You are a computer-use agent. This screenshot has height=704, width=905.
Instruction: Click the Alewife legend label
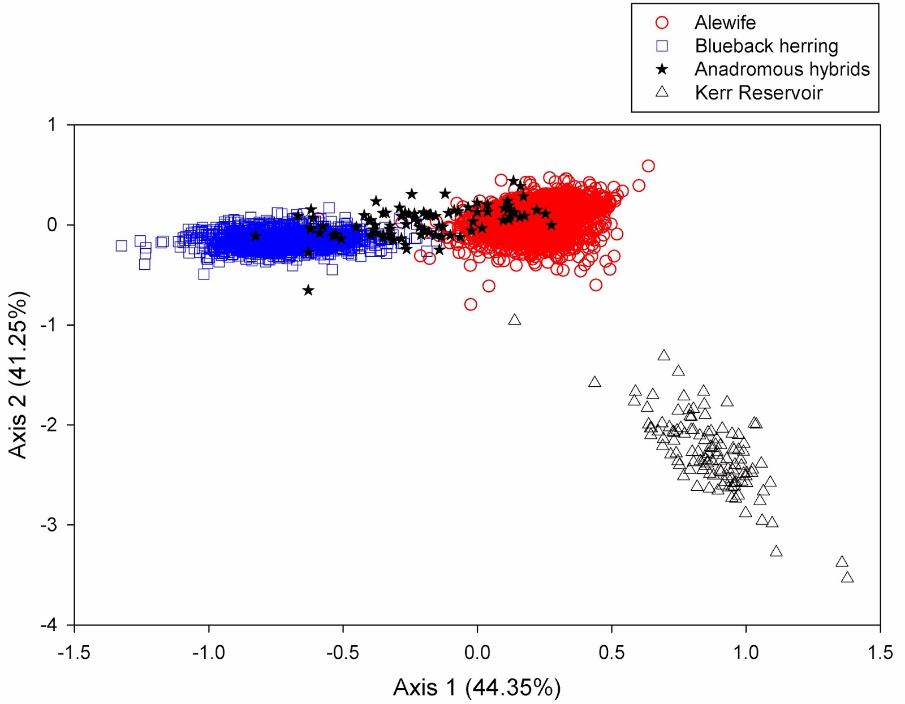pyautogui.click(x=725, y=23)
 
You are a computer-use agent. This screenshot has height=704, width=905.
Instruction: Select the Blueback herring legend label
pyautogui.click(x=766, y=46)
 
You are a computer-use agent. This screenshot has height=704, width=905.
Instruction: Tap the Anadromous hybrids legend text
pyautogui.click(x=782, y=69)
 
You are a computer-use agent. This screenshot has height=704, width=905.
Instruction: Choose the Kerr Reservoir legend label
pyautogui.click(x=758, y=93)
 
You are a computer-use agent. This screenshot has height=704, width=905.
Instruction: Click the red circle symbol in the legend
pyautogui.click(x=662, y=23)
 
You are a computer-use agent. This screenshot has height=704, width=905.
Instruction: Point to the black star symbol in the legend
pyautogui.click(x=662, y=69)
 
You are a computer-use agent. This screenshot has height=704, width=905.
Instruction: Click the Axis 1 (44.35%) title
pyautogui.click(x=477, y=688)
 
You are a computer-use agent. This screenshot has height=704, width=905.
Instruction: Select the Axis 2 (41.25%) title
pyautogui.click(x=18, y=374)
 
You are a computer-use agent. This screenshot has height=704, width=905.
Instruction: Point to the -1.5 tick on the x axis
pyautogui.click(x=74, y=653)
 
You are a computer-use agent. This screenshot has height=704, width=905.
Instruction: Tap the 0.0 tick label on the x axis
pyautogui.click(x=477, y=653)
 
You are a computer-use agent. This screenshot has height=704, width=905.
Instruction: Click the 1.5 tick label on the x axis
pyautogui.click(x=880, y=653)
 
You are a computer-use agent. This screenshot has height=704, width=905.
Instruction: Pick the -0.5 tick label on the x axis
pyautogui.click(x=343, y=653)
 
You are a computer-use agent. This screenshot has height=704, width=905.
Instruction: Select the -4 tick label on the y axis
pyautogui.click(x=49, y=625)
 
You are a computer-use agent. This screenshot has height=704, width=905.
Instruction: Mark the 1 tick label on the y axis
pyautogui.click(x=52, y=125)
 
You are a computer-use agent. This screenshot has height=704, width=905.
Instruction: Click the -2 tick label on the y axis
pyautogui.click(x=49, y=425)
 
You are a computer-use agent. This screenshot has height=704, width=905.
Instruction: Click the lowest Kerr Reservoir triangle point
pyautogui.click(x=847, y=577)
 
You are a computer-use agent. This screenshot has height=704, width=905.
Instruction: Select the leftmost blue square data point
pyautogui.click(x=121, y=245)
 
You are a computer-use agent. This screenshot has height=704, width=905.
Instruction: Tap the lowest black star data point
pyautogui.click(x=308, y=291)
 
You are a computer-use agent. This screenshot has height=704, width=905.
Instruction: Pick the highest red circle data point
pyautogui.click(x=648, y=166)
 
